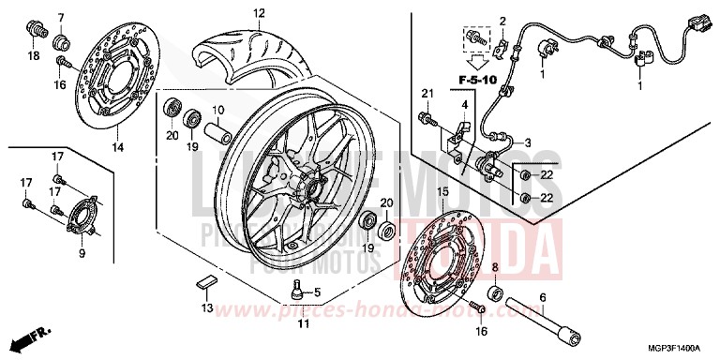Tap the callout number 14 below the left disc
coord(117,147)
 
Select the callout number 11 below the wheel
coord(303,324)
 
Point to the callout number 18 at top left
coord(34,56)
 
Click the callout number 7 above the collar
coord(62,18)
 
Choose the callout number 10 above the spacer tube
coord(216,110)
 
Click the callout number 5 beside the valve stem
coord(317,291)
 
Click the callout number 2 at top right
coord(502,21)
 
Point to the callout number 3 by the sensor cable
coord(527,142)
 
